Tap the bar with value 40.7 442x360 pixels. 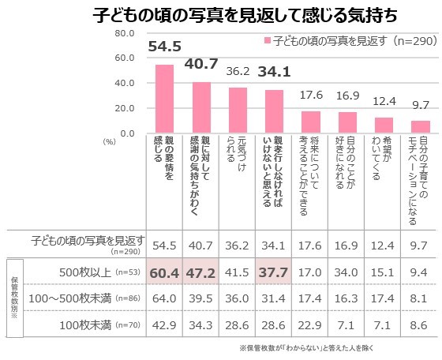click(201, 107)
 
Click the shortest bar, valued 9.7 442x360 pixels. click(421, 126)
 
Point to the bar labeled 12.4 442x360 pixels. click(384, 124)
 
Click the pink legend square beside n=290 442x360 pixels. click(268, 39)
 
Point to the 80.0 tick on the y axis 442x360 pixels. click(125, 33)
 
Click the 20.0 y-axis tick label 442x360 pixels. click(125, 107)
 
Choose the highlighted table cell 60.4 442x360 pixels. click(164, 272)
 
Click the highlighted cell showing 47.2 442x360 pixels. click(201, 272)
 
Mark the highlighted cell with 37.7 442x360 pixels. click(274, 272)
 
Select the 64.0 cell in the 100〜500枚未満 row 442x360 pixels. click(164, 299)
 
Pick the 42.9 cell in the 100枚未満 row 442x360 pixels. click(164, 324)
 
